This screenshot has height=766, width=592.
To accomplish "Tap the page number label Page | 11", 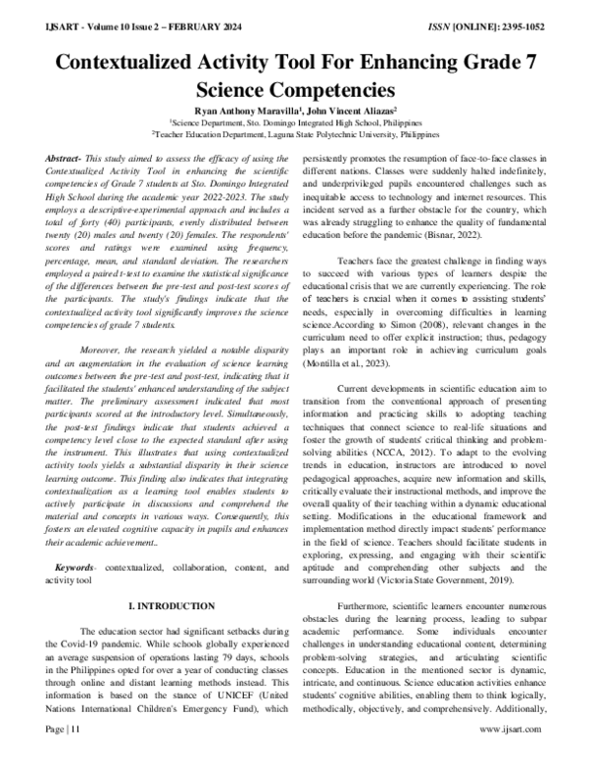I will pos(65,755).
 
